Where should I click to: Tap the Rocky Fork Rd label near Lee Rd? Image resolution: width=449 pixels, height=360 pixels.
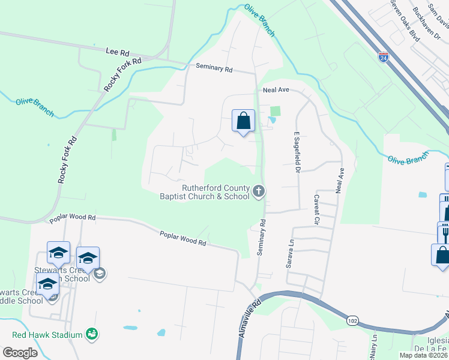tap(122, 74)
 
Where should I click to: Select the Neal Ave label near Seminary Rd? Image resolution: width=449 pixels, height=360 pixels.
tap(276, 89)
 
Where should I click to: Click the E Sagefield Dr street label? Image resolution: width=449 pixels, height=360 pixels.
tap(297, 152)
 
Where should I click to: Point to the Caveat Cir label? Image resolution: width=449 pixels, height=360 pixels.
tap(316, 209)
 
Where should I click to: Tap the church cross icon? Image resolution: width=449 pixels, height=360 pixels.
tap(259, 191)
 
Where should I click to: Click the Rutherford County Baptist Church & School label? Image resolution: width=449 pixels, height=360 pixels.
tap(204, 191)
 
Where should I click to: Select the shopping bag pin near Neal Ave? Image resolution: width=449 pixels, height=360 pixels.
tap(243, 121)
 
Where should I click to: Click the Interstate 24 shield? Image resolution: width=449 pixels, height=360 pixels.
tap(384, 58)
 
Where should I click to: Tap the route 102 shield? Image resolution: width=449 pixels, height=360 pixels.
tap(352, 322)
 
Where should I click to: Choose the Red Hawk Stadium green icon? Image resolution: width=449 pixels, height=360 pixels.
tap(91, 333)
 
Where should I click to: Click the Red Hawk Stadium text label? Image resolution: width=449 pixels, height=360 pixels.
tap(47, 334)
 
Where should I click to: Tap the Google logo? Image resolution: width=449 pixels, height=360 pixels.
tap(20, 353)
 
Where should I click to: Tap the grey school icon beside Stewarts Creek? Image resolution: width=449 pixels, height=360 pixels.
tap(100, 274)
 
